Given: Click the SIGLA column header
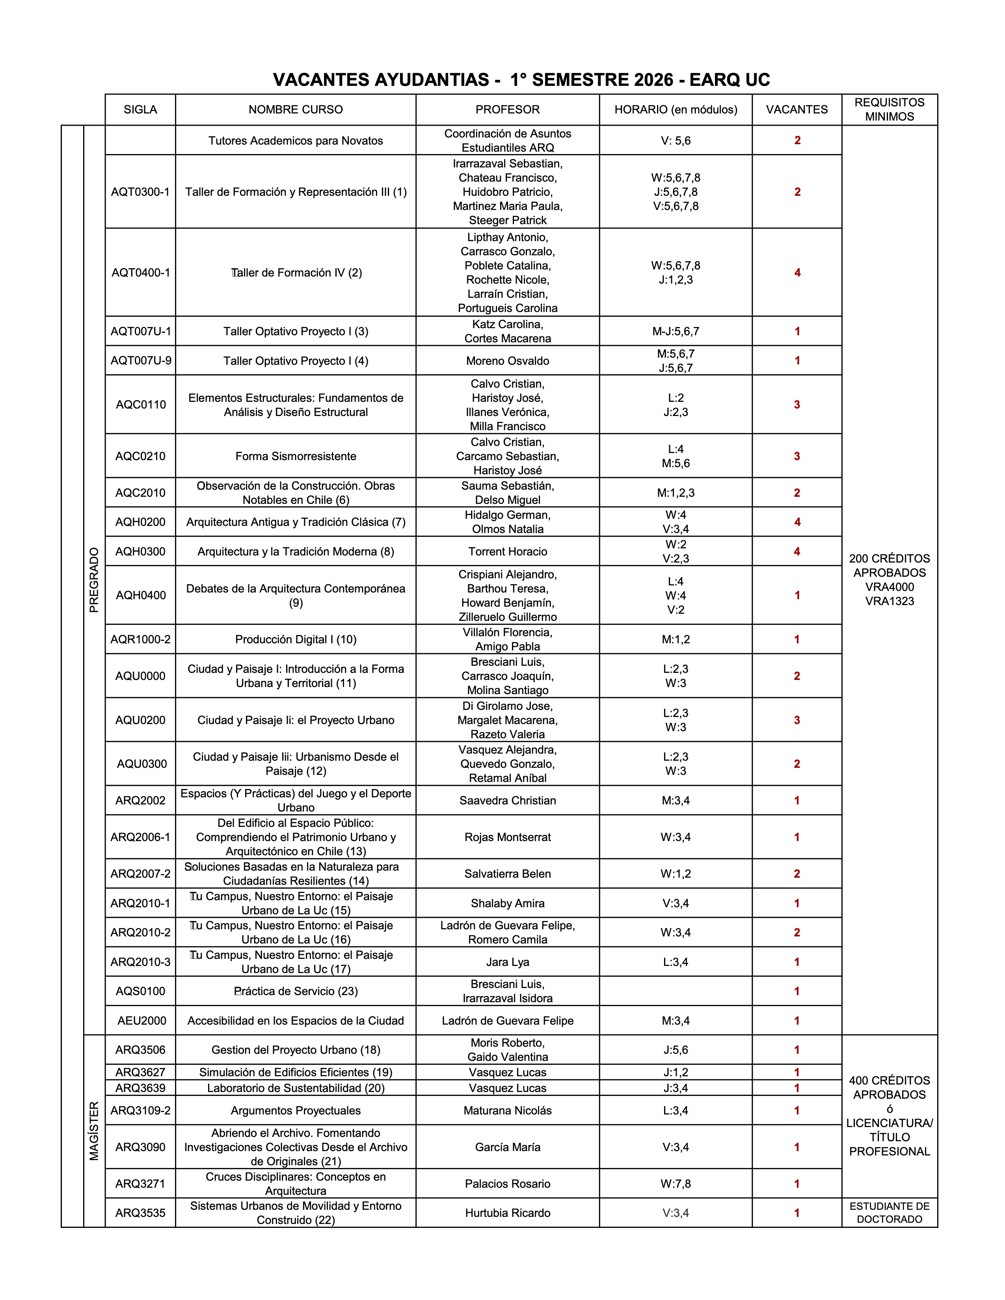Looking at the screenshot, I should click(141, 110).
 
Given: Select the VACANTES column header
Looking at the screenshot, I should click(797, 110).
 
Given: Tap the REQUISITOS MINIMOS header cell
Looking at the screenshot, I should click(890, 110).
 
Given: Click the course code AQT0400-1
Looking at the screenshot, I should click(141, 273).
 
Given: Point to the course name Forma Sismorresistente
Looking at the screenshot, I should click(296, 457).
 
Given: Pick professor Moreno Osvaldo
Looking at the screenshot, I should click(507, 361).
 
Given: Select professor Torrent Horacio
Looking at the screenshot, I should click(507, 552).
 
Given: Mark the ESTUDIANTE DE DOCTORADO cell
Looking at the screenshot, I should click(890, 1213).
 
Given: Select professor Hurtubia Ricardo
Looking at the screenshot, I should click(507, 1213).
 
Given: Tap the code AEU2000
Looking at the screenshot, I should click(142, 1021).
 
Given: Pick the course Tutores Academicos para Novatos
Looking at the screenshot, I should click(296, 141).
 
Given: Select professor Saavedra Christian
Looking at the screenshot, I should click(507, 800).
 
